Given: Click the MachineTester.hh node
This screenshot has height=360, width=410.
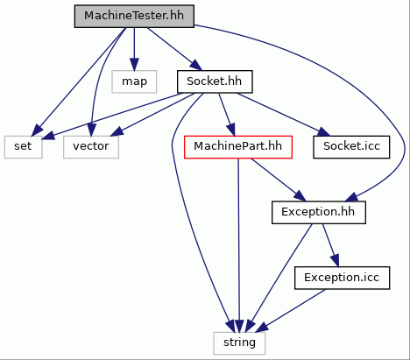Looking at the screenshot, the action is pos(134,17).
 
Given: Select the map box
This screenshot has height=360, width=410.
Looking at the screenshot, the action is pos(134,81).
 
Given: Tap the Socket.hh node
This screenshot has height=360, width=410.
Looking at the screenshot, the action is pos(215,81).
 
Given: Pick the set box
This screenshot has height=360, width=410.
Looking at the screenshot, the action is pos(24,147).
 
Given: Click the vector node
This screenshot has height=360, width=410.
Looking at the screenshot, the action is pos(91,147).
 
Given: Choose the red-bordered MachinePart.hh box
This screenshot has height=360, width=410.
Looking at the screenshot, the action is pos(238,147).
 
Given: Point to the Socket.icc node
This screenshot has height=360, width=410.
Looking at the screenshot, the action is pos(351,147).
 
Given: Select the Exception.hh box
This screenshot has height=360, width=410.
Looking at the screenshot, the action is pos(319,213).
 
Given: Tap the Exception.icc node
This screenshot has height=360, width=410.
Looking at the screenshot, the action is pos(342,278).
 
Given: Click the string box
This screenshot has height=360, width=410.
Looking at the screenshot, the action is pos(239,343).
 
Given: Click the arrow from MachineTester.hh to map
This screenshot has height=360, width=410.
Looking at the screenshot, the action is pos(134,49).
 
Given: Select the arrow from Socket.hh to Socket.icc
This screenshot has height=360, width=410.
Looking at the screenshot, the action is pos(283,115).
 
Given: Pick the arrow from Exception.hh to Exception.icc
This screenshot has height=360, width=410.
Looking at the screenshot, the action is pos(331,245).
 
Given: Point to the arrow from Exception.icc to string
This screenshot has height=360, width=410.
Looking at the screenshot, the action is pos(291,311).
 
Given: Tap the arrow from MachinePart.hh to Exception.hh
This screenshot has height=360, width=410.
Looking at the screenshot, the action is pos(279,180).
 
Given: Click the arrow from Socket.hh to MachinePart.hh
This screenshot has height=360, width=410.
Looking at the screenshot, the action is pos(227,115).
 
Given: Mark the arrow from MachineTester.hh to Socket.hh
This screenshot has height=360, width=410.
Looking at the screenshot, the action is pos(174,49).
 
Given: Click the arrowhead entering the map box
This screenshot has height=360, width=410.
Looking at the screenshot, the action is pos(134,65).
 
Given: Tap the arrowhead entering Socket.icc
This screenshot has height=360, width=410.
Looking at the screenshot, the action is pos(323,132).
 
